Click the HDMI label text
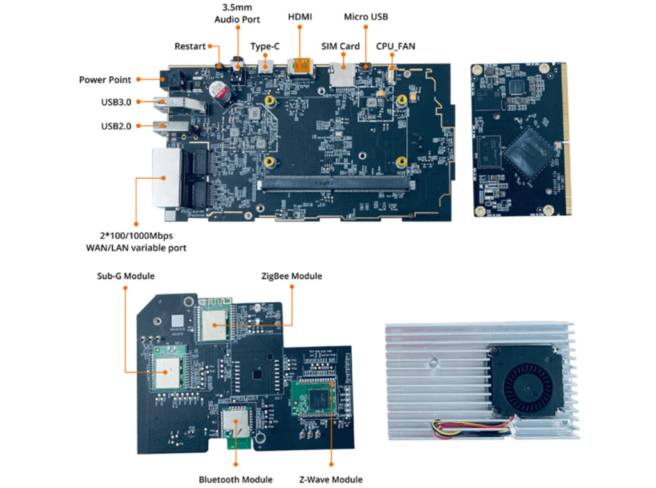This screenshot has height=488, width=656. tap(300, 17)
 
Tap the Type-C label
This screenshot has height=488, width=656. tap(265, 46)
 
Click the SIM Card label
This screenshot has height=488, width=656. tap(340, 46)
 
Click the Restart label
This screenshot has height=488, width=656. tap(190, 46)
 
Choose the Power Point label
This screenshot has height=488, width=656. tap(105, 80)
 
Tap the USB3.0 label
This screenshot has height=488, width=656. tap(116, 102)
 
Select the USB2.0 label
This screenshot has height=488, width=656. tap(116, 126)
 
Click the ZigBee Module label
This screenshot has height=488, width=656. tap(291, 276)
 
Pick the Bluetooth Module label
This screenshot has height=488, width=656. tap(235, 480)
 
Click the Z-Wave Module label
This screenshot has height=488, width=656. tap(331, 480)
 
